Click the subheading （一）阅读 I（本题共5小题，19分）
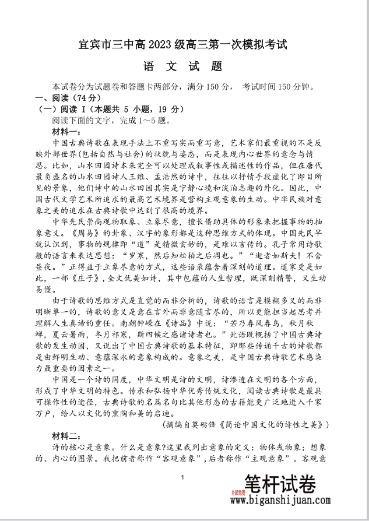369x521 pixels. (x=103, y=109)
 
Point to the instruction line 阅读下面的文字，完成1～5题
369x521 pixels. (x=109, y=121)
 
